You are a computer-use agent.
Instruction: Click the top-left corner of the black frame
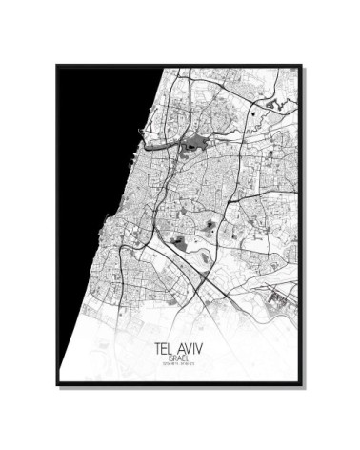[x=57, y=66]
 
